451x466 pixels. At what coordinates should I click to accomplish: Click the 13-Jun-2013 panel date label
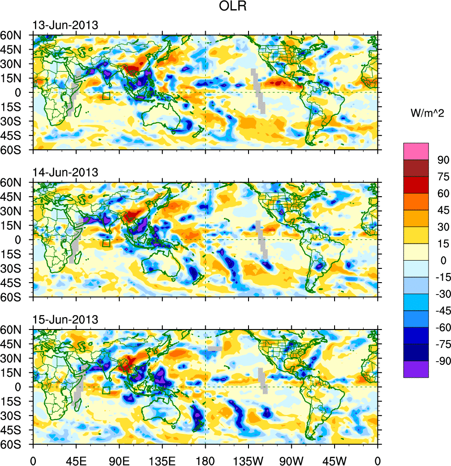tap(65, 25)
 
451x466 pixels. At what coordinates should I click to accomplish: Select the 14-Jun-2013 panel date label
tap(65, 172)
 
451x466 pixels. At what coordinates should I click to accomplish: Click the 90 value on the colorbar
tap(443, 160)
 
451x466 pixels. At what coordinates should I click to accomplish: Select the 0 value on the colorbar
tap(443, 261)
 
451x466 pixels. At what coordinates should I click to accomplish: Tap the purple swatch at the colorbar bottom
tap(416, 369)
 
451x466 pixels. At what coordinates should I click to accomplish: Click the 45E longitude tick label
tap(76, 460)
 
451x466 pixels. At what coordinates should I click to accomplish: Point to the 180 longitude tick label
tap(205, 460)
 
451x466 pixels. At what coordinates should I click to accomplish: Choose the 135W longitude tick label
tap(249, 460)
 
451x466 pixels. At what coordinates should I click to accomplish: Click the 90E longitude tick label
tap(119, 460)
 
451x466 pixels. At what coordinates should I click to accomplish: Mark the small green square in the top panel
tap(106, 96)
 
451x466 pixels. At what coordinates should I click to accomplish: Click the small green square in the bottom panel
tap(106, 391)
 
